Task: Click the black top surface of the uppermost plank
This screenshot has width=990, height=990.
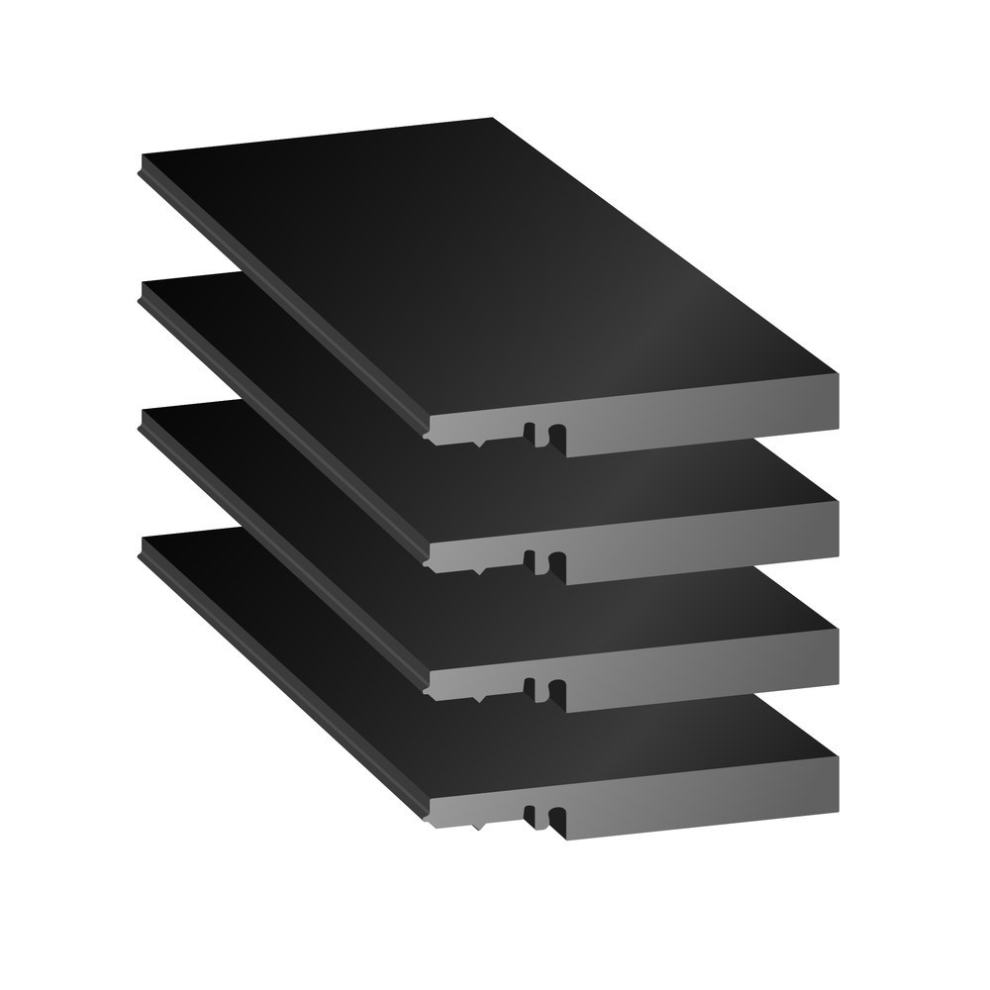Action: click(475, 267)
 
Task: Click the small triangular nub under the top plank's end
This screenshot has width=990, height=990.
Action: click(479, 445)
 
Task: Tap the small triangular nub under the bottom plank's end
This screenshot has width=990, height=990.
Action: click(479, 825)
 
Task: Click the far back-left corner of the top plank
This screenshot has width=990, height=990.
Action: click(145, 158)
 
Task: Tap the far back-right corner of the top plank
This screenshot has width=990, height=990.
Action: click(492, 119)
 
